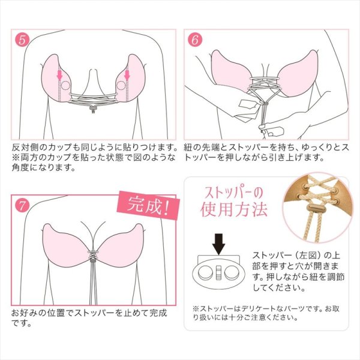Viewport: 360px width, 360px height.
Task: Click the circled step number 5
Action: [22, 41]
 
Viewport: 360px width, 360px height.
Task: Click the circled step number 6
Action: [195, 41]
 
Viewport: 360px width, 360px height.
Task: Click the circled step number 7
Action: [22, 203]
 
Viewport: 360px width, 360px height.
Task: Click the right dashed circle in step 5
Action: [122, 85]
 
